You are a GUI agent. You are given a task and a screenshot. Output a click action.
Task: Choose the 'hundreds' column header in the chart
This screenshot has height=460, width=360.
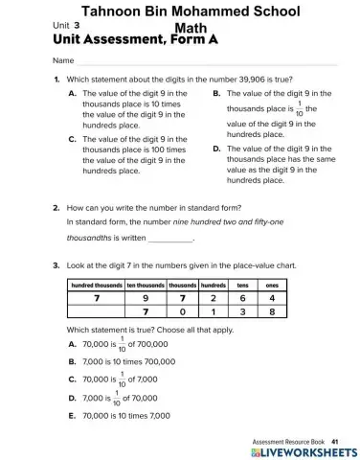coord(213,285)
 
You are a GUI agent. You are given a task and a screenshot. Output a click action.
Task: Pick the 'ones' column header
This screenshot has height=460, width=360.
coord(272,285)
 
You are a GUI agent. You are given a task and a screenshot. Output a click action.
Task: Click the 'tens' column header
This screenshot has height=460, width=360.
coord(242,285)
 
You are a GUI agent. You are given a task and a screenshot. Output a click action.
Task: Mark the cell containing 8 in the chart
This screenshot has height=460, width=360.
coord(272,311)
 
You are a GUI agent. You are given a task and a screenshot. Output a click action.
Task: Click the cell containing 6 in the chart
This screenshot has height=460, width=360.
coord(242,297)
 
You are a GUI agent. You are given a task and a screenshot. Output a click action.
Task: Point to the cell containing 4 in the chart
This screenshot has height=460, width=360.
coord(272,297)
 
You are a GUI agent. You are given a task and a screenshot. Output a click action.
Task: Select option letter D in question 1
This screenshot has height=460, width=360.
coord(216,149)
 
